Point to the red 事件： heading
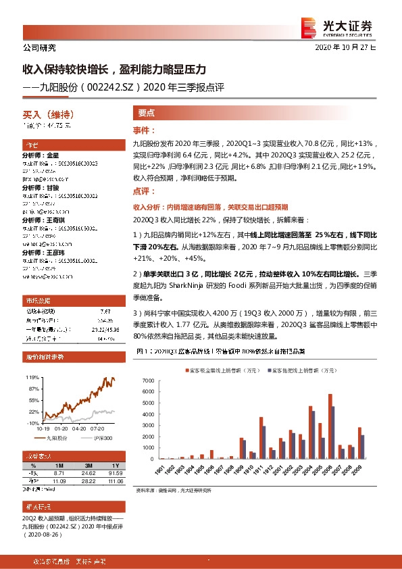coord(145,130)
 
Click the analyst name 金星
coord(53,155)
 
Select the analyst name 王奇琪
coord(56,220)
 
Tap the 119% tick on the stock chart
coord(32,376)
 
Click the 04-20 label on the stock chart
coord(78,427)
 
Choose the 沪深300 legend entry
coord(101,437)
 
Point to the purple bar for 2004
coord(313,435)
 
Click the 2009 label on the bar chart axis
coord(361,468)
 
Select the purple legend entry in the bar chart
coord(297,370)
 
